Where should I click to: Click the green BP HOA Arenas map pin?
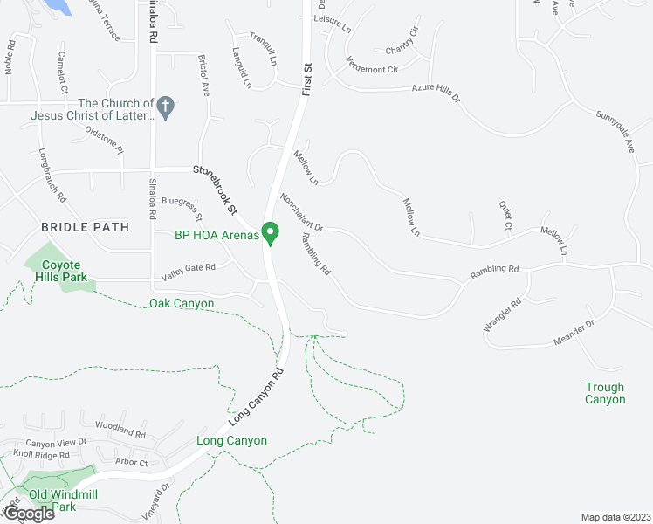point(271,233)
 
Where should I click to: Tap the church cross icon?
point(166,107)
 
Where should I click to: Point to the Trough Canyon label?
point(605,393)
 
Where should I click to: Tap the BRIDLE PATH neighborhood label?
point(86,227)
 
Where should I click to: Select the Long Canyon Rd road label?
point(256,396)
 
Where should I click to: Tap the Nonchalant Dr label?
point(302,212)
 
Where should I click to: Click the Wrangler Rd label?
point(503,315)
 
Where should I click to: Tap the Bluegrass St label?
point(182,208)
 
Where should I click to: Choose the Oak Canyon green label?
point(182,303)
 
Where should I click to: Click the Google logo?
point(28,514)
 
